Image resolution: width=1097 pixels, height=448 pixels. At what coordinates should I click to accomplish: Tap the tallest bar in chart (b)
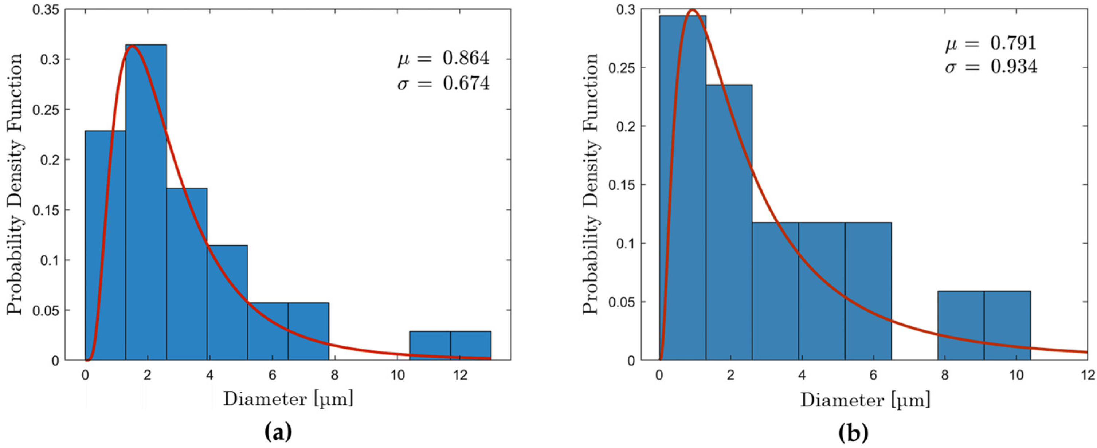682,187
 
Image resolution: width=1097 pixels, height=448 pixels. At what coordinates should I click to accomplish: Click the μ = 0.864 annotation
443,58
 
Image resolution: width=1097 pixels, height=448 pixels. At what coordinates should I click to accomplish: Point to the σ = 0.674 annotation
443,83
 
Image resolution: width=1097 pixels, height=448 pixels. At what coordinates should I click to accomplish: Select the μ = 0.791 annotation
991,43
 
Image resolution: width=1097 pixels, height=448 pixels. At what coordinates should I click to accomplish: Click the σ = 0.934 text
991,67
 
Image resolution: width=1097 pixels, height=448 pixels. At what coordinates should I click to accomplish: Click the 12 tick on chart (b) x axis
1088,375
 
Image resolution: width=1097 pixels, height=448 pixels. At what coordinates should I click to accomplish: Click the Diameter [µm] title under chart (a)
288,400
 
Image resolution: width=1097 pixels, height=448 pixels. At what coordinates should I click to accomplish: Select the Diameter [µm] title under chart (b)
865,400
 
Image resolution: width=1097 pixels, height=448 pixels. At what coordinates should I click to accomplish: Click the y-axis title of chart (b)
591,184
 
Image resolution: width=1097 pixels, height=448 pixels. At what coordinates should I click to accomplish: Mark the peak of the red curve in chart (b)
693,10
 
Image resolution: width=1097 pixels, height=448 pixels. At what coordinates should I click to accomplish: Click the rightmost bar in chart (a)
471,346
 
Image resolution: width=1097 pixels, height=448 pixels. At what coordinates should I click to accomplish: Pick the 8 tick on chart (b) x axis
945,375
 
